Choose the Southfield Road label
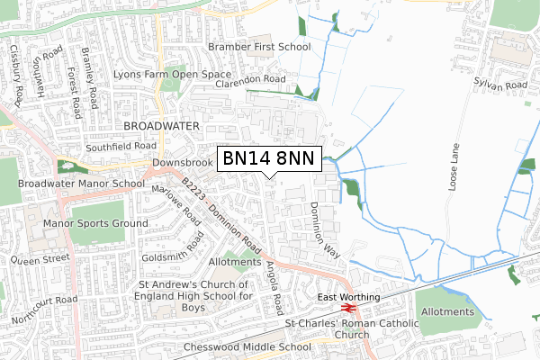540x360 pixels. coord(121,146)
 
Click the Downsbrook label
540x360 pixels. coord(181,163)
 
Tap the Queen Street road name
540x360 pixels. coord(40,257)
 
